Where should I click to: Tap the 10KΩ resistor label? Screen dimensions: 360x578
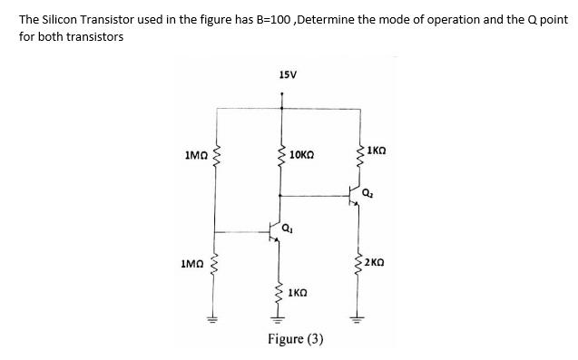[x=305, y=156]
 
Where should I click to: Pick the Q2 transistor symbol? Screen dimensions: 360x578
[x=355, y=194]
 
